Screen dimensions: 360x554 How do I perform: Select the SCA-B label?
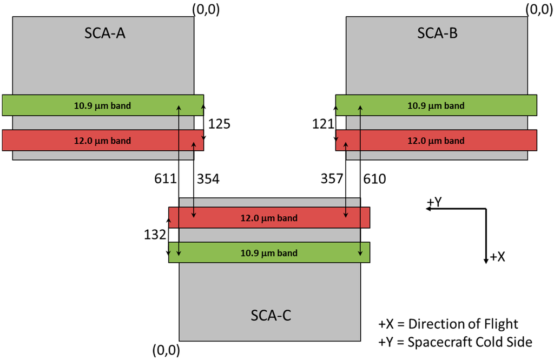437,34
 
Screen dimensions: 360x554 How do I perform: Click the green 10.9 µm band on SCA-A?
103,105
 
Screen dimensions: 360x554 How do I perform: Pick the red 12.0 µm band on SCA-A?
103,141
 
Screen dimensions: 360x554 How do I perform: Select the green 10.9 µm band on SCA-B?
436,105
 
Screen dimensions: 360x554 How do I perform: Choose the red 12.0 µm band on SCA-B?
436,141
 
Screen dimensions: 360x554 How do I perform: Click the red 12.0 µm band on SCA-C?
269,218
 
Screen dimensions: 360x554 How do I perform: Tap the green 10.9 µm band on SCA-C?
269,252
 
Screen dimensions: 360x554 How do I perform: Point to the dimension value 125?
219,124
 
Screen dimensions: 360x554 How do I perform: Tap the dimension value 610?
375,179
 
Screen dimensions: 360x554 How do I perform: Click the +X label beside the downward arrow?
497,257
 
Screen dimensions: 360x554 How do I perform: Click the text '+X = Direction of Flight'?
448,324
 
